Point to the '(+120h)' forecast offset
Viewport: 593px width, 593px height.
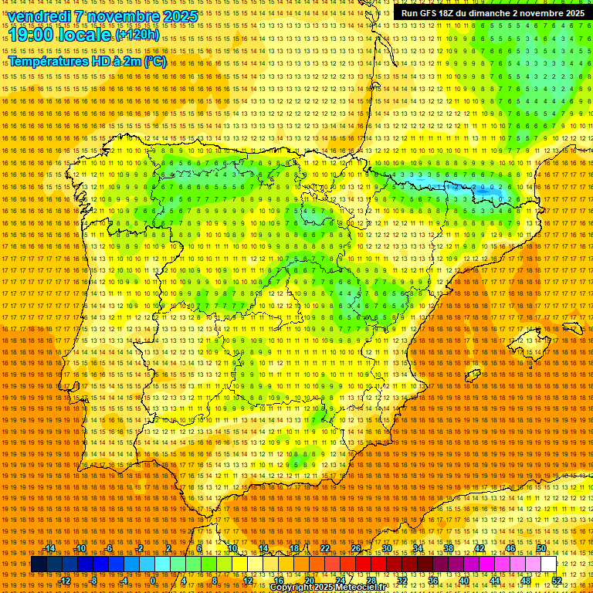point(137,35)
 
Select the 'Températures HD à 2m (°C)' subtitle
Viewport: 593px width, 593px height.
point(86,61)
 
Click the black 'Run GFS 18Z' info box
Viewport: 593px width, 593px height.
point(491,13)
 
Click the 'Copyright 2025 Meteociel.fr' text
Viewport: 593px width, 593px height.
point(327,588)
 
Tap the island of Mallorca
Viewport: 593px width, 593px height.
point(526,340)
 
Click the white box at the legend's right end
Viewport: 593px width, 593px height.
point(548,564)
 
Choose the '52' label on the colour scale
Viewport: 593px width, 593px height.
point(556,580)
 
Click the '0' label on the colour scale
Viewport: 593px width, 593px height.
point(153,580)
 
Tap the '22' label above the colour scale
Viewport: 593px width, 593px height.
point(325,549)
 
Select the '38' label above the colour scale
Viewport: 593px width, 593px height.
point(449,549)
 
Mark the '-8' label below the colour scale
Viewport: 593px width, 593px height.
point(94,580)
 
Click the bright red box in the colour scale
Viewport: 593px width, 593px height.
point(363,564)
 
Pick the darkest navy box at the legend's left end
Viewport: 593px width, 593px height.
point(39,564)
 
